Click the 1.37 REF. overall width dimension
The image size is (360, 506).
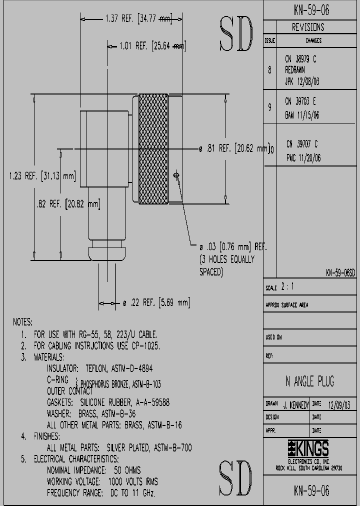(x=138, y=19)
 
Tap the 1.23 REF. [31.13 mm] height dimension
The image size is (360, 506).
(x=42, y=175)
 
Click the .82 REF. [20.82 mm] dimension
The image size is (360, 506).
(x=68, y=204)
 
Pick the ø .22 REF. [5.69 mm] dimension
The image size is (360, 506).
(x=156, y=302)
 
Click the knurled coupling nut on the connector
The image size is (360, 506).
(x=153, y=149)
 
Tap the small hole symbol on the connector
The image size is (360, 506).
(x=176, y=174)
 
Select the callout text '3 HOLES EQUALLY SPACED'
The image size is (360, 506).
(x=227, y=265)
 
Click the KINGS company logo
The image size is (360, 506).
(x=309, y=447)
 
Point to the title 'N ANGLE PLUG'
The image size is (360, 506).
(x=309, y=381)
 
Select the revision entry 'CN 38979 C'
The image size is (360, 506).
(x=301, y=59)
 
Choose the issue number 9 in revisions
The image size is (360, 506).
(x=270, y=106)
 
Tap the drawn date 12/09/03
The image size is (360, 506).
(x=339, y=404)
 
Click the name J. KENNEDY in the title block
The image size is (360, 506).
(x=296, y=404)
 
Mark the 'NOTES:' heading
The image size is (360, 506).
(x=22, y=322)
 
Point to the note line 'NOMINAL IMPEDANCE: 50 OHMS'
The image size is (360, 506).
(x=93, y=470)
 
